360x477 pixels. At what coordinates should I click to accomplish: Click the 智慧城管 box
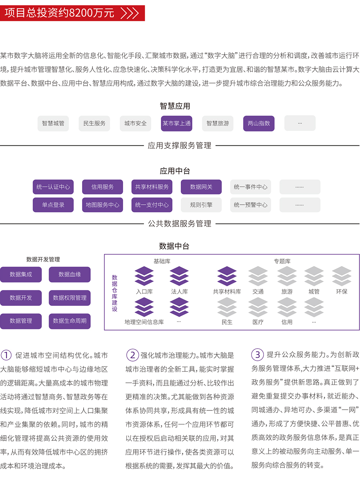(x=53, y=123)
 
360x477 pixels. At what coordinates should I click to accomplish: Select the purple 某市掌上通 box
(x=176, y=123)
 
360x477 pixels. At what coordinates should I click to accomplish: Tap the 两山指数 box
(x=259, y=123)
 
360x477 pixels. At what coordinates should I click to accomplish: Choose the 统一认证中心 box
(x=53, y=187)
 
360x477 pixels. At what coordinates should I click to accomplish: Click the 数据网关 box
(x=201, y=187)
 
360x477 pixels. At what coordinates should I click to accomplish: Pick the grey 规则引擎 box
(x=201, y=205)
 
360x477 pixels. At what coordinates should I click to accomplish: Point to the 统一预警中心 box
(x=251, y=205)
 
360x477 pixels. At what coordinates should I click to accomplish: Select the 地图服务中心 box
(x=102, y=205)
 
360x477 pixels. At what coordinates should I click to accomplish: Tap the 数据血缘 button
(x=69, y=274)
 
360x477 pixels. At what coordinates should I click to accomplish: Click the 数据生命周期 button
(x=69, y=321)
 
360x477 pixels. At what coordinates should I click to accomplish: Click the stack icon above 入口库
(x=144, y=276)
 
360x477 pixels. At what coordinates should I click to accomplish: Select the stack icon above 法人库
(x=179, y=276)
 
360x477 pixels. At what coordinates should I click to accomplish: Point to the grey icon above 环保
(x=342, y=276)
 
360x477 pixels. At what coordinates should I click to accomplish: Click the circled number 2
(x=132, y=355)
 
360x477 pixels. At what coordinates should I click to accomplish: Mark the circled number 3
(x=257, y=355)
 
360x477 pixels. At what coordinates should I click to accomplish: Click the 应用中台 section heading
(x=175, y=171)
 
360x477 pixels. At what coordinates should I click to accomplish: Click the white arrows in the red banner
(x=130, y=13)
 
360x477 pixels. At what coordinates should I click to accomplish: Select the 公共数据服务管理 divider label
(x=180, y=224)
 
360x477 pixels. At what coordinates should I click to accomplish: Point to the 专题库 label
(x=282, y=261)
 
